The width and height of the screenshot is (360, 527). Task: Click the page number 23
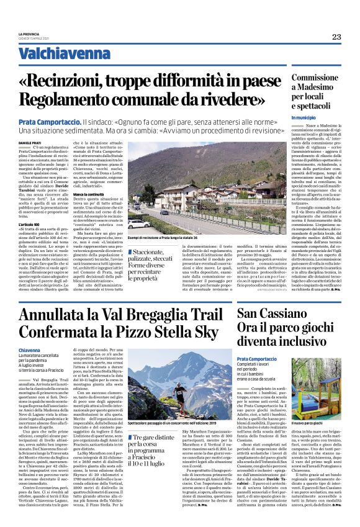[x=336, y=37]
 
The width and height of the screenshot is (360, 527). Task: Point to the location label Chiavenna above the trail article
[x=30, y=350]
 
